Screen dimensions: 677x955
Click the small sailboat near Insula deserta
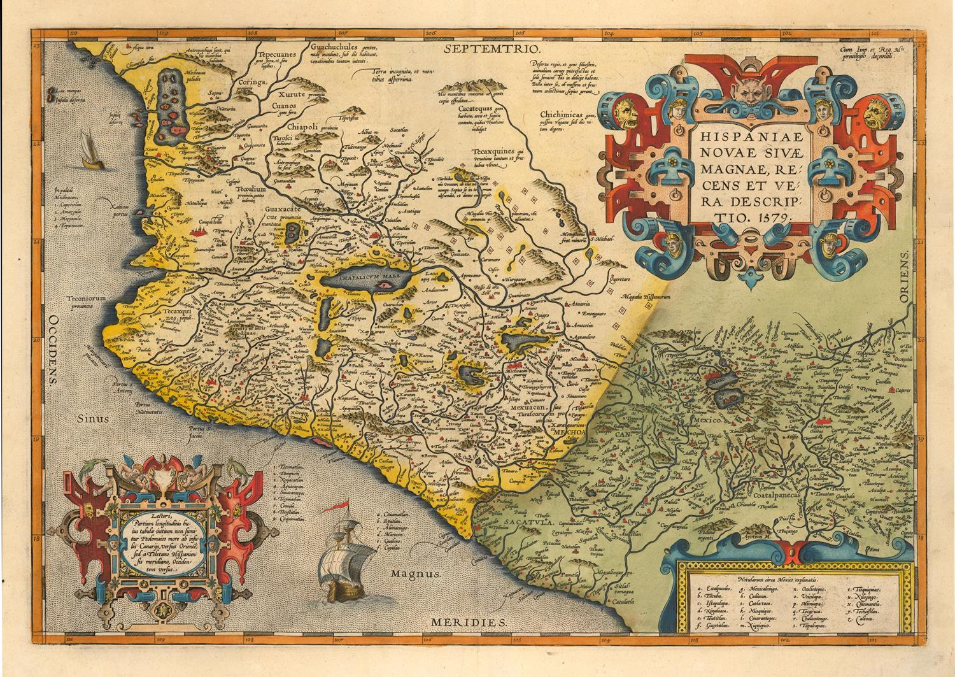[x=90, y=152]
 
